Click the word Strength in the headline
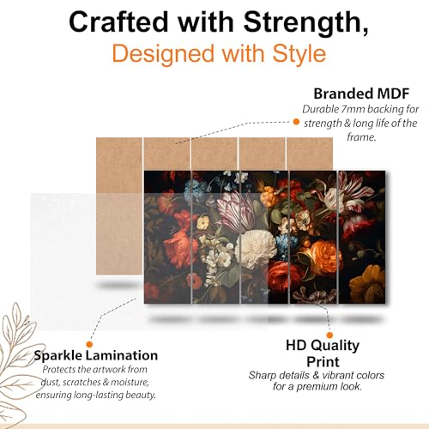coord(305,23)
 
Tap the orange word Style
coord(299,54)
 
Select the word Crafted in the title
coord(118,21)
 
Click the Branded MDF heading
coord(361,94)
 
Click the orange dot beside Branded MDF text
coord(296,122)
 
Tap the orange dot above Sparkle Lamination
coord(89,344)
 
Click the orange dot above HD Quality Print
coord(329,335)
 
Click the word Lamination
coord(122,355)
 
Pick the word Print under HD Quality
coord(323,362)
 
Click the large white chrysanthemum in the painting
coord(255,248)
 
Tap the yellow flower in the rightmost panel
coord(367,284)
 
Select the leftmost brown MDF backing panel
coord(119,206)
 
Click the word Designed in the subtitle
coord(163,54)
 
